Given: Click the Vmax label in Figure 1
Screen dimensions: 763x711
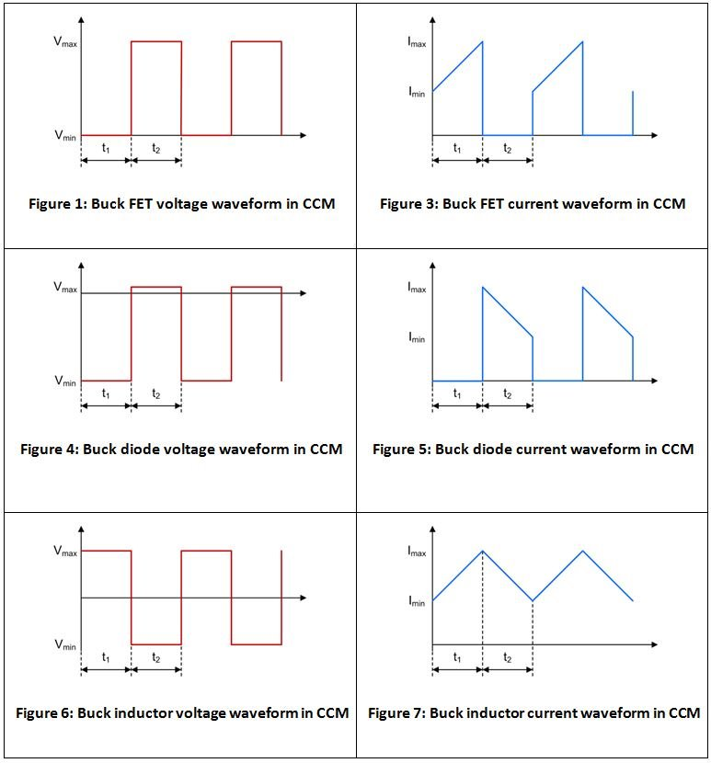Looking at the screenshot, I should [x=65, y=41].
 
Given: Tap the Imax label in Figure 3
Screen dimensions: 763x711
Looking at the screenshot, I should [x=417, y=41].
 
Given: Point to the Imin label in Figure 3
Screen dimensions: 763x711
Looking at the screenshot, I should [x=417, y=92].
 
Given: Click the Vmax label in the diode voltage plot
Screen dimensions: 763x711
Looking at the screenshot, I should [x=65, y=287].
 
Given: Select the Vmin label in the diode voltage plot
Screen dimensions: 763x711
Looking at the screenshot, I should [x=65, y=381].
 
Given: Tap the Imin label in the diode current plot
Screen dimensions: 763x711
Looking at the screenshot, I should [x=417, y=337].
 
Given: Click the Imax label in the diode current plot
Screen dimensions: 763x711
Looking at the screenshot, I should [x=417, y=287].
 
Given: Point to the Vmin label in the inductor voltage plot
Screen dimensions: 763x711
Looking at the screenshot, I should [x=65, y=645].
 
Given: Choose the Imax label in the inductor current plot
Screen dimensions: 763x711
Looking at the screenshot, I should [x=417, y=551].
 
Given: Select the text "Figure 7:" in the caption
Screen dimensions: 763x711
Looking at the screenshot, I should [x=396, y=713].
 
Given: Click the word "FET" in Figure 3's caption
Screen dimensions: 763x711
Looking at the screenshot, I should [x=489, y=204].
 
